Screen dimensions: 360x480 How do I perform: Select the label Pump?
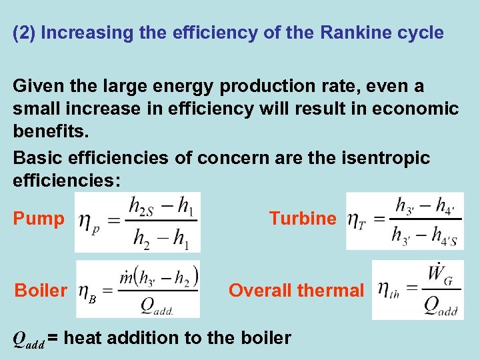tap(39, 219)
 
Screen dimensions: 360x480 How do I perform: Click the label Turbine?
tap(303, 218)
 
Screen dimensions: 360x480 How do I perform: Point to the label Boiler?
tap(41, 291)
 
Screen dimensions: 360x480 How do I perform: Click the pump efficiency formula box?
tap(137, 222)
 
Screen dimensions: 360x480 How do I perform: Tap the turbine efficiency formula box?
tap(395, 221)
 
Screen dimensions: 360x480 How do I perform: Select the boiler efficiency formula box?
tap(137, 289)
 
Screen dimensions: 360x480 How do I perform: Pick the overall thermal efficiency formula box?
tap(408, 290)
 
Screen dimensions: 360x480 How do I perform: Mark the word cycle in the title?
tap(423, 33)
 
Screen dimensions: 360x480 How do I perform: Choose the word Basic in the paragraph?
tap(35, 158)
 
